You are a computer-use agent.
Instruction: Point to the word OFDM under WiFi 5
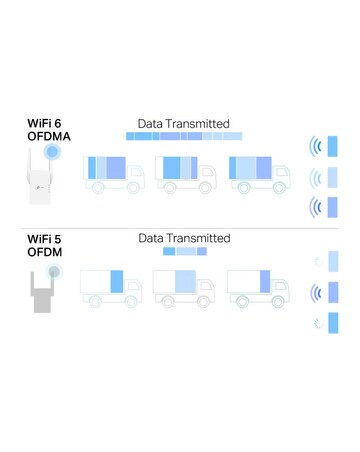[45, 253]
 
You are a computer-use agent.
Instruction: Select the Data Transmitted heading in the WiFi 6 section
[184, 123]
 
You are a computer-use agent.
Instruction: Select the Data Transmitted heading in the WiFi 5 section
[184, 238]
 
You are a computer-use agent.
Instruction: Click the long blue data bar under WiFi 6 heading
[184, 136]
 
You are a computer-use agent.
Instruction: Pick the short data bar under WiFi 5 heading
[184, 252]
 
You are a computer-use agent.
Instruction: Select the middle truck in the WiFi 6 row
[186, 172]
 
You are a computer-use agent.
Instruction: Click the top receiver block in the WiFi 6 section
[333, 146]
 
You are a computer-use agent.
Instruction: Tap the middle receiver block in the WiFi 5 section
[333, 292]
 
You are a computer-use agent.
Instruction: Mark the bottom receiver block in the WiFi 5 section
[333, 323]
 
